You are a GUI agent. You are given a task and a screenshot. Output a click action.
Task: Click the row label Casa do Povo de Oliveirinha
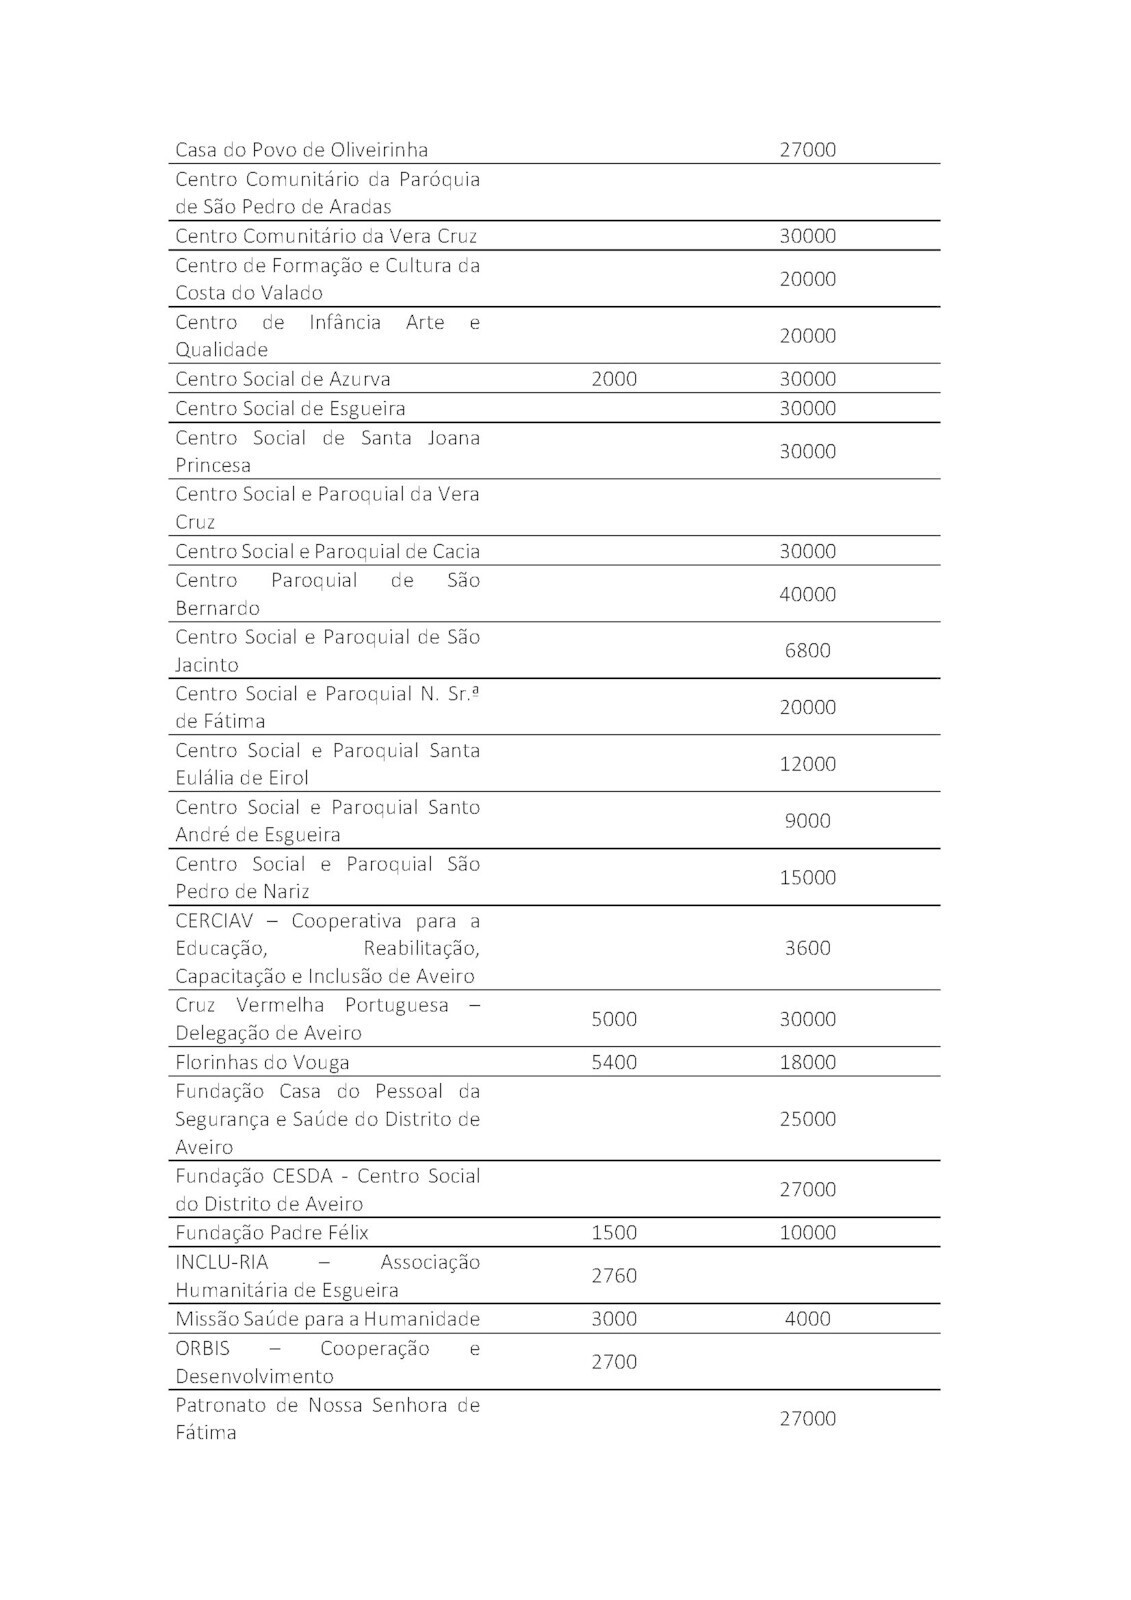click(301, 150)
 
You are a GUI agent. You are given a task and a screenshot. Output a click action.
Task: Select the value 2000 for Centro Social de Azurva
click(613, 379)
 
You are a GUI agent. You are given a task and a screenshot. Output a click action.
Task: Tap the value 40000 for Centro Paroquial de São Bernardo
click(807, 594)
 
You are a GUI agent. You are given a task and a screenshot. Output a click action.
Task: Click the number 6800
click(807, 650)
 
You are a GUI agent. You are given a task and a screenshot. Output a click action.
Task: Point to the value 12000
click(807, 764)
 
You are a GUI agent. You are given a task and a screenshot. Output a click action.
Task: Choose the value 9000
click(807, 820)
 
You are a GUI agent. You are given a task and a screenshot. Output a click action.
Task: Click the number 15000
click(807, 877)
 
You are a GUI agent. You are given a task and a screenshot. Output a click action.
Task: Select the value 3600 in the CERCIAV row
click(807, 948)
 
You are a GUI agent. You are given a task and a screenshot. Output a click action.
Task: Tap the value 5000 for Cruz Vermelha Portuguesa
click(613, 1019)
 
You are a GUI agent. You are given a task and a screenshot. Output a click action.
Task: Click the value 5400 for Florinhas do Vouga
click(613, 1062)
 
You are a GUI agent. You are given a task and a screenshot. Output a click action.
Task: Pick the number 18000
click(807, 1062)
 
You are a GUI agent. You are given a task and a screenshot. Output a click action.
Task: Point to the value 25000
click(807, 1119)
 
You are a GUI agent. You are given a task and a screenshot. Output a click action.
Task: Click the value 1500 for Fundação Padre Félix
click(613, 1233)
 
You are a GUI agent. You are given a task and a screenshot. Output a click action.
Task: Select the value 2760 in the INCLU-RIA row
click(613, 1275)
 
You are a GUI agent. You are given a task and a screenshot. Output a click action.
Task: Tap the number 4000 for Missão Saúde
click(807, 1319)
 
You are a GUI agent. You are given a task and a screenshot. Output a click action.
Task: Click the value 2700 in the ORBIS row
click(613, 1361)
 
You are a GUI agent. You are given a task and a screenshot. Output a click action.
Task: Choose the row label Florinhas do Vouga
click(262, 1062)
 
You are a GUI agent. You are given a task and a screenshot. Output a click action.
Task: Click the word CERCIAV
click(214, 920)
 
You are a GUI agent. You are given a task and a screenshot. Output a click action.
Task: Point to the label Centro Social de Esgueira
click(290, 408)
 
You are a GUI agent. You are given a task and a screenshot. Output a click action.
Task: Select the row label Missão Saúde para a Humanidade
click(327, 1319)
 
